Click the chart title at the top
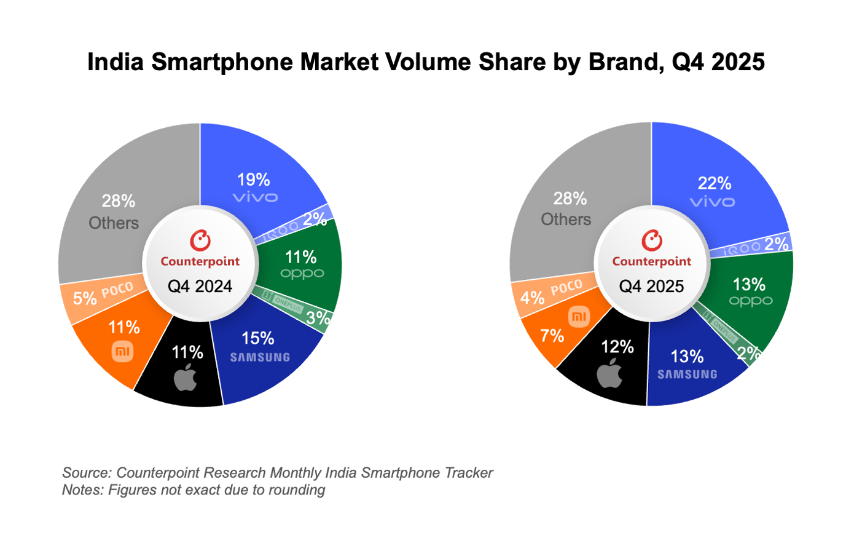[426, 63]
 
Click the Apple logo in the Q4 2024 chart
[186, 378]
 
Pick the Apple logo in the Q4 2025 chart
[610, 374]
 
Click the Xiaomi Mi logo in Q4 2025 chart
[579, 317]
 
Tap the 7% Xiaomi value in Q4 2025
[552, 336]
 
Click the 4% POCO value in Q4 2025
[533, 298]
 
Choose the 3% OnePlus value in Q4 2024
[318, 318]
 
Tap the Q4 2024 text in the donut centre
[200, 286]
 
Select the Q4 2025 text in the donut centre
[651, 286]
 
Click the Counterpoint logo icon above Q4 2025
[651, 240]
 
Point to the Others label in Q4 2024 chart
[114, 223]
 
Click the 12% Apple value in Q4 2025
[617, 347]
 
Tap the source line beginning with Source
[277, 473]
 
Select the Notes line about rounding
[194, 490]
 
